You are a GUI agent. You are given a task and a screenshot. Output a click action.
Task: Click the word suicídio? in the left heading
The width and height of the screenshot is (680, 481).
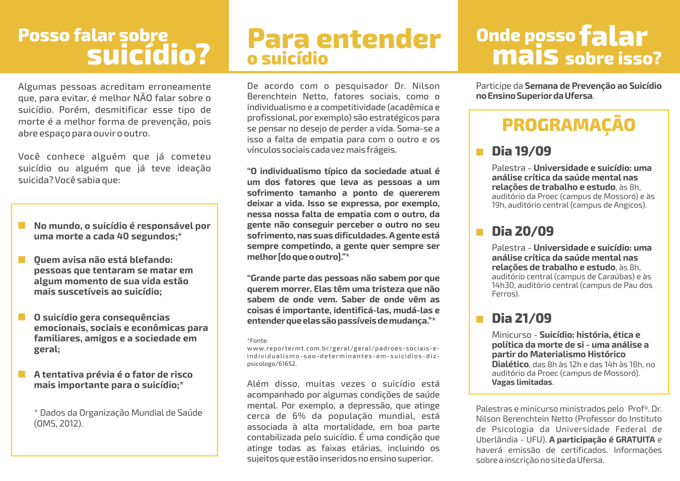coord(149,54)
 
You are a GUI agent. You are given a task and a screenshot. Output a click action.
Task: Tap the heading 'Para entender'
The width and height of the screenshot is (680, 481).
coord(344,39)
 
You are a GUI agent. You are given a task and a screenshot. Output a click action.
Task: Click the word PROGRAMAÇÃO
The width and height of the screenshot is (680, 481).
coord(568,125)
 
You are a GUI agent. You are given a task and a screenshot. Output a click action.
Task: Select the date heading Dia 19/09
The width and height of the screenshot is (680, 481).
coord(521,151)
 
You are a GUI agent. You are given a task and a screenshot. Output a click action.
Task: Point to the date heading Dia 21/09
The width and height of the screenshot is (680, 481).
coord(521,319)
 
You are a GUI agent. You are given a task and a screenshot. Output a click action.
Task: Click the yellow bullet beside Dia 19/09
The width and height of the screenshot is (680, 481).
coord(480,152)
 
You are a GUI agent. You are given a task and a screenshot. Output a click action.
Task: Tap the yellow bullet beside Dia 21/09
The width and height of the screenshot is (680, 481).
coord(480,320)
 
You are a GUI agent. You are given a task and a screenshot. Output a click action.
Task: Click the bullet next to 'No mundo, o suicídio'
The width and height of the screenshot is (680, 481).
coord(22,225)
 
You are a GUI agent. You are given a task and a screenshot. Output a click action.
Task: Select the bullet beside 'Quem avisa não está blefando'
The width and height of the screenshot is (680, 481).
coord(22,259)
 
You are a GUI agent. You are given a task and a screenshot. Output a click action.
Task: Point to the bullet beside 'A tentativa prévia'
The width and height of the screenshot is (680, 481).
coord(22,374)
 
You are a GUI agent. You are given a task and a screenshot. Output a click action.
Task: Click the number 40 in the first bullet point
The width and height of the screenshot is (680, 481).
coord(123,237)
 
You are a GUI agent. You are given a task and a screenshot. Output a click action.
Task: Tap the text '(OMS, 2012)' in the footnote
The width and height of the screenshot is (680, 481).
coord(58,424)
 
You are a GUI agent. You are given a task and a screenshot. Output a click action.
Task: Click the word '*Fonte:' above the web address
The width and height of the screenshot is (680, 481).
coord(257,340)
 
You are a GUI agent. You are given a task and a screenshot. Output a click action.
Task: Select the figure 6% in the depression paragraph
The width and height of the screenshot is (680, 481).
coord(299,416)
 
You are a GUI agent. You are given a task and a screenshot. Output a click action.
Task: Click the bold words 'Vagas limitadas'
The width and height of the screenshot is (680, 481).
coord(522,382)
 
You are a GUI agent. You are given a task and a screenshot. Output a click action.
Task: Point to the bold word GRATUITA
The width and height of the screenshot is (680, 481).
coord(635,440)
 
